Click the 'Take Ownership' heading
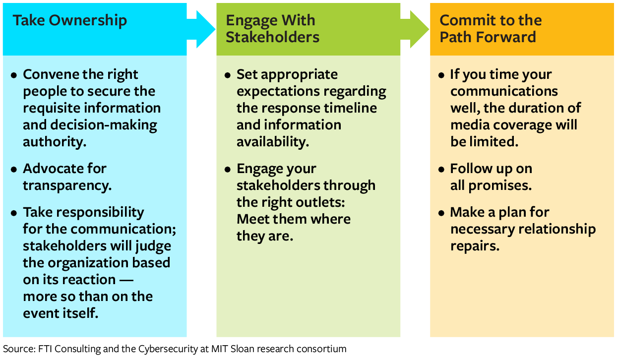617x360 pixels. tap(69, 21)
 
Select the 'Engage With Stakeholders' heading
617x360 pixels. tap(272, 29)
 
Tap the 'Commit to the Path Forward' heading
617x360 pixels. tap(490, 29)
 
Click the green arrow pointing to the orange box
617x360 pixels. tap(416, 29)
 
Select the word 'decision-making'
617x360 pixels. tap(106, 125)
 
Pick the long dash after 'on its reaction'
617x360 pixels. tap(126, 280)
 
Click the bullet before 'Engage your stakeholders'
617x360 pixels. tap(228, 170)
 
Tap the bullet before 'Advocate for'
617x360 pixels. tap(14, 170)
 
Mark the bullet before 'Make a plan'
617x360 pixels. tap(441, 213)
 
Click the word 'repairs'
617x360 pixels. tap(475, 246)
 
